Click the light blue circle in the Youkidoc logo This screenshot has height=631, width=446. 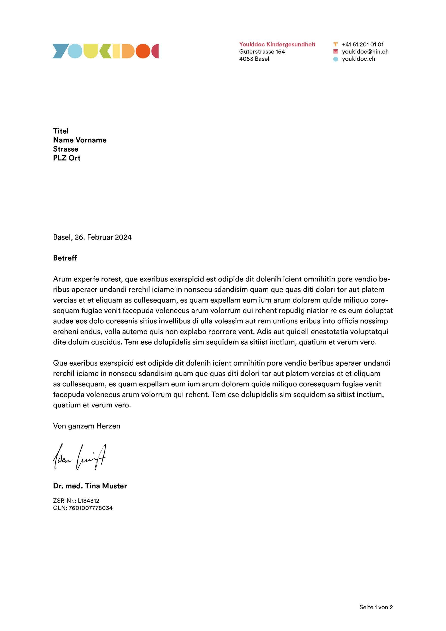(x=75, y=51)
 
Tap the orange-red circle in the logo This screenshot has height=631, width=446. (x=143, y=51)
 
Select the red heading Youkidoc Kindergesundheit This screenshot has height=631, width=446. (x=277, y=44)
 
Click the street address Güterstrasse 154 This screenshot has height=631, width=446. (x=262, y=52)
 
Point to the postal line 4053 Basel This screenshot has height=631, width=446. (x=254, y=59)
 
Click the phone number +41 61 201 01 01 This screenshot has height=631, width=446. (x=362, y=45)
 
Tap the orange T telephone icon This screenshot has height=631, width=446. (x=335, y=44)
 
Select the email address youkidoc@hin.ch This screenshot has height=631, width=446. (x=365, y=52)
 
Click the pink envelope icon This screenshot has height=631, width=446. (x=335, y=52)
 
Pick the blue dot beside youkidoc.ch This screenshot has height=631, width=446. (x=335, y=59)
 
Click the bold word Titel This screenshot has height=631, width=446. (x=61, y=131)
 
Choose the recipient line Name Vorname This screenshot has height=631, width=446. (x=80, y=140)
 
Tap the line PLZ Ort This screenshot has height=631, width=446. (x=67, y=158)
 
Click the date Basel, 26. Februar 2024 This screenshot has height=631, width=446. (x=92, y=237)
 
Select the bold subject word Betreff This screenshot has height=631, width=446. (x=65, y=258)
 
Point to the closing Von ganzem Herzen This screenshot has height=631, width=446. (x=86, y=426)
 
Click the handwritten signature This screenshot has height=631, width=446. (x=79, y=457)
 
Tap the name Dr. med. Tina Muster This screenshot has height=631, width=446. (x=90, y=486)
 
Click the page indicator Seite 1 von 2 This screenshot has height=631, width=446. (x=376, y=607)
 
